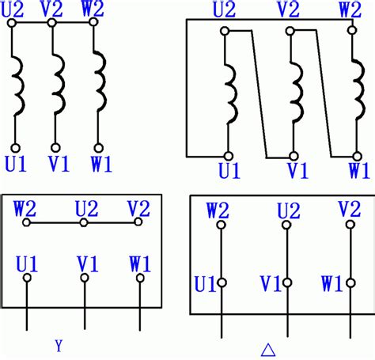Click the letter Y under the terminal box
pos(59,346)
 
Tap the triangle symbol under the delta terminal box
pos(268,350)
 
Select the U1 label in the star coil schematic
pos(16,164)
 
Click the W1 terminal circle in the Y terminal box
pos(140,278)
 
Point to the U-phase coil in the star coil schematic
pos(19,85)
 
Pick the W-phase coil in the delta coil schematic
pos(358,90)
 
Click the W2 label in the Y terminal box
pos(25,209)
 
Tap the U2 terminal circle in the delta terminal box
pos(286,225)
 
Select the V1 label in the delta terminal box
pos(271,284)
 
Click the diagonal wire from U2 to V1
pos(259,94)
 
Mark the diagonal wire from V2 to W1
pos(324,93)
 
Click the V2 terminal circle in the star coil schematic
pos(52,23)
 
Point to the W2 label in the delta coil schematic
pos(350,10)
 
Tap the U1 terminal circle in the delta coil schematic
pos(229,156)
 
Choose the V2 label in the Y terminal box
pos(138,209)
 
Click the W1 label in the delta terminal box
pos(332,284)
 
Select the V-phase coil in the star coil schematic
pos(59,85)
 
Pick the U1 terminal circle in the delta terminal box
pos(222,282)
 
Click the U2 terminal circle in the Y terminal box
pos(84,223)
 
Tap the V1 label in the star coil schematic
pos(59,164)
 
